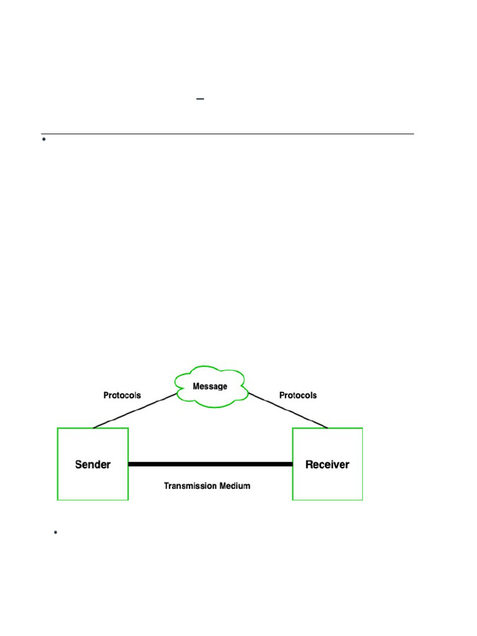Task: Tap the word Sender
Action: point(93,465)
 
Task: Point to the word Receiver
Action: point(327,465)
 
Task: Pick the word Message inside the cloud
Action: point(210,386)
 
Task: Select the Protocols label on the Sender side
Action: point(122,395)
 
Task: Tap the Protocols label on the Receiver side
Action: point(298,395)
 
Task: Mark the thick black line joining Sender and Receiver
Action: point(210,464)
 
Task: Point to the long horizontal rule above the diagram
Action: point(227,134)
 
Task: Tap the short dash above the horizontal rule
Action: point(200,99)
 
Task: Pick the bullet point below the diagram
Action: point(56,532)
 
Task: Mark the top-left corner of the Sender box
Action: point(58,429)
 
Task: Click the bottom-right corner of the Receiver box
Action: point(362,499)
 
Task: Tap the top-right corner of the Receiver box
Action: point(362,429)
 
